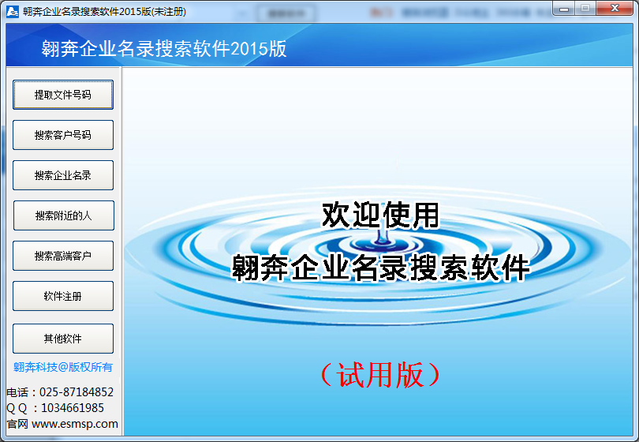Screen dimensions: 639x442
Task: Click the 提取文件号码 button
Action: (63, 95)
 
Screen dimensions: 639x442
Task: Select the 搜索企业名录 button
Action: (63, 175)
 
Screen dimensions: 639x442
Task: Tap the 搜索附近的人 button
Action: (64, 215)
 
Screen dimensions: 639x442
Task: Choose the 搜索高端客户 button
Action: (63, 256)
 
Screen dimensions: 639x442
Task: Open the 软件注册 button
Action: (63, 296)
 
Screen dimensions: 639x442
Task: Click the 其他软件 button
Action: (63, 339)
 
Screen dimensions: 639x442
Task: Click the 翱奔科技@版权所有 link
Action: (63, 367)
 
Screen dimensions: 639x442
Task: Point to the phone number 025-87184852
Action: (77, 392)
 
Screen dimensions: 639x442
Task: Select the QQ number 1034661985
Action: (73, 408)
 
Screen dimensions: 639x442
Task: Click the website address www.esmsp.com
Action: (75, 424)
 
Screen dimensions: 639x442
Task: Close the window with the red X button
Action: (615, 8)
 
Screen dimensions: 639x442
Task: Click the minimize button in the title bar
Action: (564, 8)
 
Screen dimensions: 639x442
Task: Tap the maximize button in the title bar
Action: (585, 8)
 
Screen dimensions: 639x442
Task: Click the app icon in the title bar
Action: (13, 11)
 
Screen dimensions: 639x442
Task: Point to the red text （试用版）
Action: (380, 375)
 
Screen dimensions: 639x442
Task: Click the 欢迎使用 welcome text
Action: (380, 215)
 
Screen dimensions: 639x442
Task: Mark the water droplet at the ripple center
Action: (382, 238)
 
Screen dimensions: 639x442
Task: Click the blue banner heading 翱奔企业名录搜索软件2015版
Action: (164, 48)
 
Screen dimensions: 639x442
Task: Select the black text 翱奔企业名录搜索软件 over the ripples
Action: (380, 268)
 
